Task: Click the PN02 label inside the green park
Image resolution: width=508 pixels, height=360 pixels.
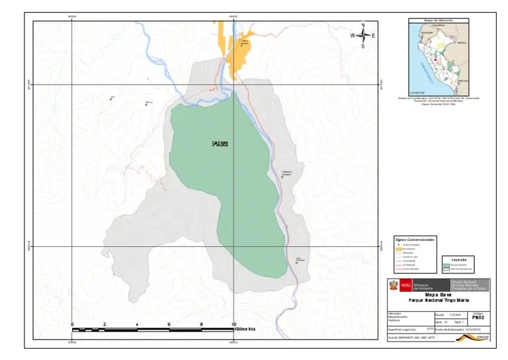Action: pyautogui.click(x=220, y=143)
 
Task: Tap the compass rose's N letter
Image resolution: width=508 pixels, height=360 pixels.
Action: pyautogui.click(x=363, y=26)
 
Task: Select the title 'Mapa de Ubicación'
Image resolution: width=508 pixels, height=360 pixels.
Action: pyautogui.click(x=439, y=21)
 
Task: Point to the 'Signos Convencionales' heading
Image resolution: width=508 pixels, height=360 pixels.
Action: pyautogui.click(x=414, y=238)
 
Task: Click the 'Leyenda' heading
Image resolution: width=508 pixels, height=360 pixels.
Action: pyautogui.click(x=458, y=259)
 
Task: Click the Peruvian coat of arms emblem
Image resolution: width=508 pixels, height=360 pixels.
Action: pyautogui.click(x=392, y=285)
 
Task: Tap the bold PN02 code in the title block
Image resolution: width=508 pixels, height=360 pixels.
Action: pyautogui.click(x=489, y=317)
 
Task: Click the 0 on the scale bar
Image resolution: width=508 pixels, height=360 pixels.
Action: pyautogui.click(x=72, y=324)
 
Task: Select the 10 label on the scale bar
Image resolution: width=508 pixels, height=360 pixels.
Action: pyautogui.click(x=233, y=324)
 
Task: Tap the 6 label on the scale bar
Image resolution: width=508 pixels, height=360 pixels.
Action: pyautogui.click(x=169, y=324)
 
